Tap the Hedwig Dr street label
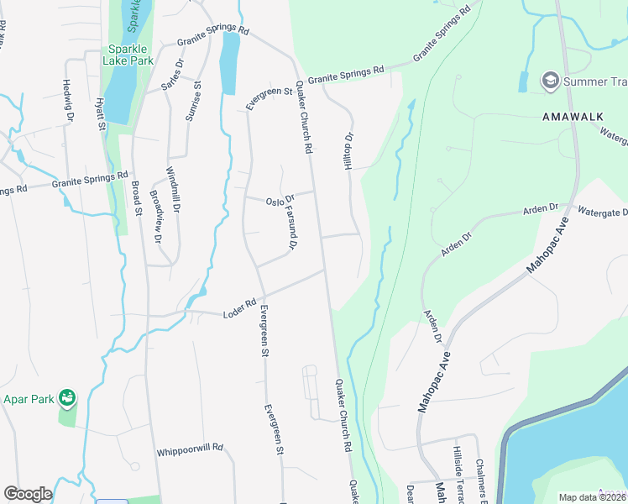(69, 100)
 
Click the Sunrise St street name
(194, 101)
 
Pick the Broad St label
(136, 197)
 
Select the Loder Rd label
(239, 308)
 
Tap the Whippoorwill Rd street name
(190, 450)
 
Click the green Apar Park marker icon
(67, 396)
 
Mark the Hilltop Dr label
(350, 151)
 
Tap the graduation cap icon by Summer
(551, 81)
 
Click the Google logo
(28, 494)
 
